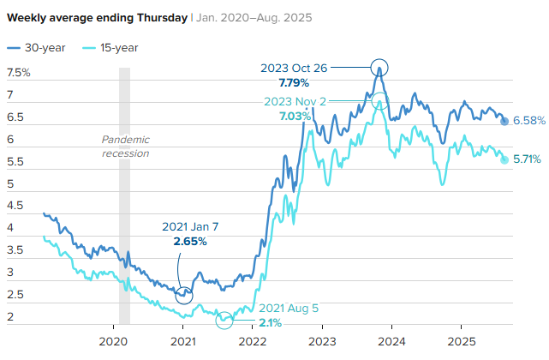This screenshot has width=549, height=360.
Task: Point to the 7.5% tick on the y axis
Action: [18, 73]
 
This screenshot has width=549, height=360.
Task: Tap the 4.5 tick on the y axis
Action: [15, 207]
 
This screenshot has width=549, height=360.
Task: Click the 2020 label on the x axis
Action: [114, 340]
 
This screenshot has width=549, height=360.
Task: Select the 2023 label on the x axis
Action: [322, 340]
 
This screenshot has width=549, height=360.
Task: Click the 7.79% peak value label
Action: [295, 82]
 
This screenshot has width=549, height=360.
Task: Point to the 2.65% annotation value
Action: [189, 242]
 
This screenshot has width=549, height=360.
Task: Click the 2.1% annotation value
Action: [270, 323]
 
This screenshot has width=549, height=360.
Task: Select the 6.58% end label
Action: [529, 121]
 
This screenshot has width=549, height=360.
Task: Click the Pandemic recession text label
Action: [125, 147]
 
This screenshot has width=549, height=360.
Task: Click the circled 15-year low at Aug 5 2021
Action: [224, 320]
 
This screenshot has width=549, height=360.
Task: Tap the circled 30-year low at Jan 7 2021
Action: [184, 294]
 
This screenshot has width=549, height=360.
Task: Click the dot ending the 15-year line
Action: [504, 159]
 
